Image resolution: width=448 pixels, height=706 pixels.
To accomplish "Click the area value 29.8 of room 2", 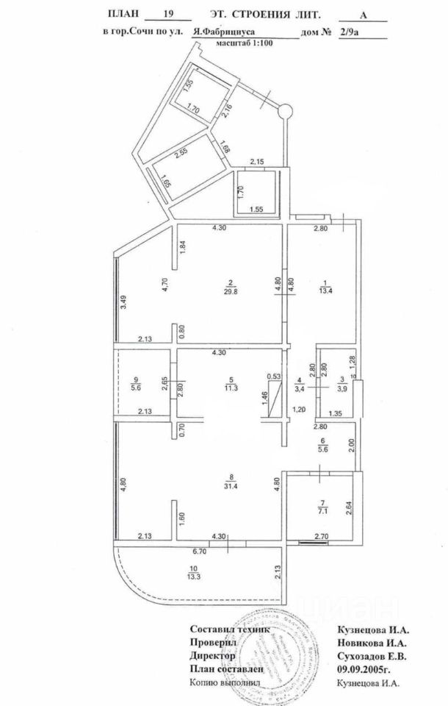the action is (231, 290).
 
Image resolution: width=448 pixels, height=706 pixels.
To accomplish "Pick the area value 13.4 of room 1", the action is (324, 290).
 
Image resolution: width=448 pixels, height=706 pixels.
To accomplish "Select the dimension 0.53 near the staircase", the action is (274, 377).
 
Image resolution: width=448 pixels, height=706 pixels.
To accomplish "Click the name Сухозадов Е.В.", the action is (371, 655).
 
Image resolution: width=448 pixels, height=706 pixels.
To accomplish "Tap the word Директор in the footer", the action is (213, 655).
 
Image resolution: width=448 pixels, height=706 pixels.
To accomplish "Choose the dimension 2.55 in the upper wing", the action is (181, 154).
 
